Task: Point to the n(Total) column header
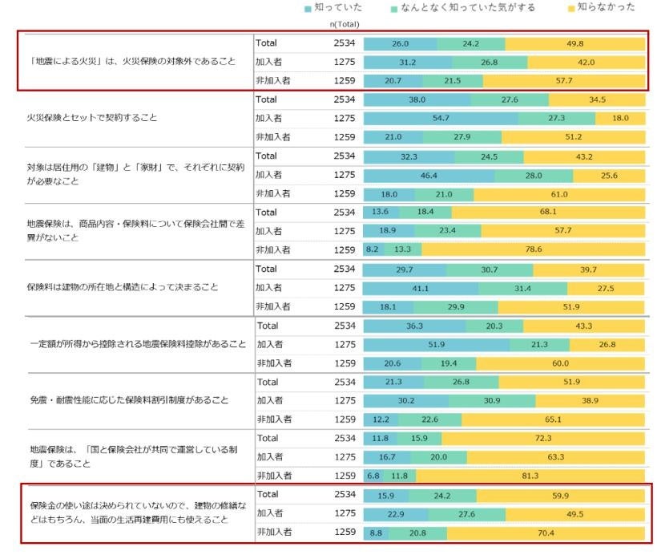[x=345, y=25]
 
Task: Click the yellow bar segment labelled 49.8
[x=575, y=43]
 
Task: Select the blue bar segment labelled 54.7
[x=441, y=118]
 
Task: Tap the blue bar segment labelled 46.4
[x=429, y=174]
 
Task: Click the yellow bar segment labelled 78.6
[x=534, y=249]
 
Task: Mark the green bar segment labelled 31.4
[x=523, y=287]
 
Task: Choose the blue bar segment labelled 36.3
[x=414, y=326]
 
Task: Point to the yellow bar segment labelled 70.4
[x=546, y=532]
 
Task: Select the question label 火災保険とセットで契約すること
[x=92, y=118]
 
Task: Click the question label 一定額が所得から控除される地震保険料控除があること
[x=137, y=344]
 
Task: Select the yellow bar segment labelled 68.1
[x=549, y=213]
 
